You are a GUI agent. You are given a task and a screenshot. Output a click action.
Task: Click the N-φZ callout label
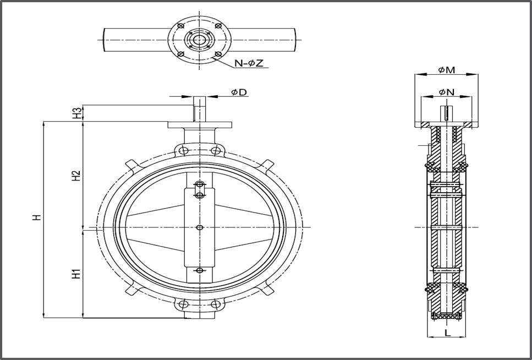tap(249, 63)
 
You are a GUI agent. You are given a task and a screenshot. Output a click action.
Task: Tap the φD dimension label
tap(238, 92)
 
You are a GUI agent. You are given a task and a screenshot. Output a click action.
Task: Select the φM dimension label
tap(446, 69)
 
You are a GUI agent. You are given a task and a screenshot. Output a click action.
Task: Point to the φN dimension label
tap(446, 92)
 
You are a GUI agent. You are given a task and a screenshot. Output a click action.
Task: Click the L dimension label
tap(447, 332)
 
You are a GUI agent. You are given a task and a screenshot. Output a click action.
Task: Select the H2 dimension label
tap(76, 175)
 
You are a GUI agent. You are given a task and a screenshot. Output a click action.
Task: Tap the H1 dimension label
tap(76, 273)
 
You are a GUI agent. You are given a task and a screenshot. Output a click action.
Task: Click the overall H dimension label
tap(36, 217)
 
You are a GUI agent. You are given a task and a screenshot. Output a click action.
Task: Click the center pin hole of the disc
tap(200, 227)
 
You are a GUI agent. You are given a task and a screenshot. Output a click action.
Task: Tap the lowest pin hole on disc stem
tap(200, 270)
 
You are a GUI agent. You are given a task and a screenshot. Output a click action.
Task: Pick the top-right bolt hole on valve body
tap(216, 150)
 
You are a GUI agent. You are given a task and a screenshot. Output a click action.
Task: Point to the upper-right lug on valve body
tap(266, 165)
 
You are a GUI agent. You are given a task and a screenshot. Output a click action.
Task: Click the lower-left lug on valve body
tap(131, 289)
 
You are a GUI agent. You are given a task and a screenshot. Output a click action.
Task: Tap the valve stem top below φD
tap(200, 107)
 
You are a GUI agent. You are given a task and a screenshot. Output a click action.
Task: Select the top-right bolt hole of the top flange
tap(218, 26)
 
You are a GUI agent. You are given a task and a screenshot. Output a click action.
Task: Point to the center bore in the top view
tap(199, 40)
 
